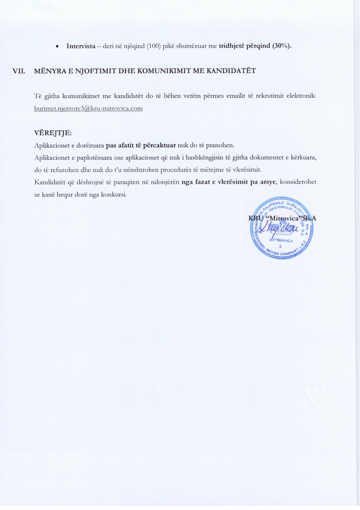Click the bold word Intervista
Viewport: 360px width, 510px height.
tap(81, 46)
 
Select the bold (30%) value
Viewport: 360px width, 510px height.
tap(282, 46)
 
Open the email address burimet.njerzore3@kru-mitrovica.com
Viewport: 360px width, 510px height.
tap(88, 109)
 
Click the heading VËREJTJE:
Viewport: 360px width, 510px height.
tap(53, 133)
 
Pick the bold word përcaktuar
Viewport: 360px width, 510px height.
tap(159, 145)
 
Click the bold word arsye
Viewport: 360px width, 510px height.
tap(267, 182)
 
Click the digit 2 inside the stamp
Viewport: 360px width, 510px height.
tap(280, 246)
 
